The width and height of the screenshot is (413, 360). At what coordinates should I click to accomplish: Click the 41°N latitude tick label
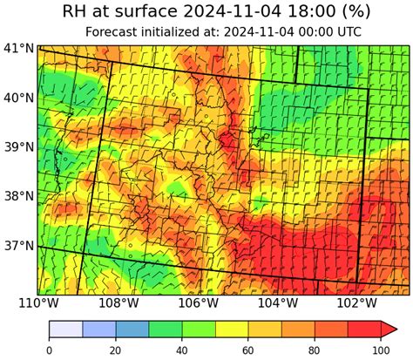pyautogui.click(x=17, y=48)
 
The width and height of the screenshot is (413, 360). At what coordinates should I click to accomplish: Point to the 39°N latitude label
pyautogui.click(x=17, y=147)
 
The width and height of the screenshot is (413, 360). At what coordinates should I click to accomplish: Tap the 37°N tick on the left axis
pyautogui.click(x=17, y=246)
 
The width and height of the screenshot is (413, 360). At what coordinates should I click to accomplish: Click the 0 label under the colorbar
pyautogui.click(x=49, y=350)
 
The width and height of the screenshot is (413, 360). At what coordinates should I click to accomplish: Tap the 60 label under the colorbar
pyautogui.click(x=248, y=350)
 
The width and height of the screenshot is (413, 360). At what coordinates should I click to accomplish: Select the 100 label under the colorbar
pyautogui.click(x=381, y=350)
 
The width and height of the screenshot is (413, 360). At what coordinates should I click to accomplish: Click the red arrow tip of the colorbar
pyautogui.click(x=389, y=328)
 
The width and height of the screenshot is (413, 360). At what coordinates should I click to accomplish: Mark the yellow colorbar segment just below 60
pyautogui.click(x=232, y=328)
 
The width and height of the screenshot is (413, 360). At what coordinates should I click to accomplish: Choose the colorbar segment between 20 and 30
pyautogui.click(x=132, y=328)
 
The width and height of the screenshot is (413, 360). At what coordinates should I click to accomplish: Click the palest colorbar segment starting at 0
pyautogui.click(x=65, y=328)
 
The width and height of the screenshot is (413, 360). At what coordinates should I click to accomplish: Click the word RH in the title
pyautogui.click(x=78, y=12)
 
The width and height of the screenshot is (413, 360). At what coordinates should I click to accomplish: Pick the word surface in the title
pyautogui.click(x=148, y=12)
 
